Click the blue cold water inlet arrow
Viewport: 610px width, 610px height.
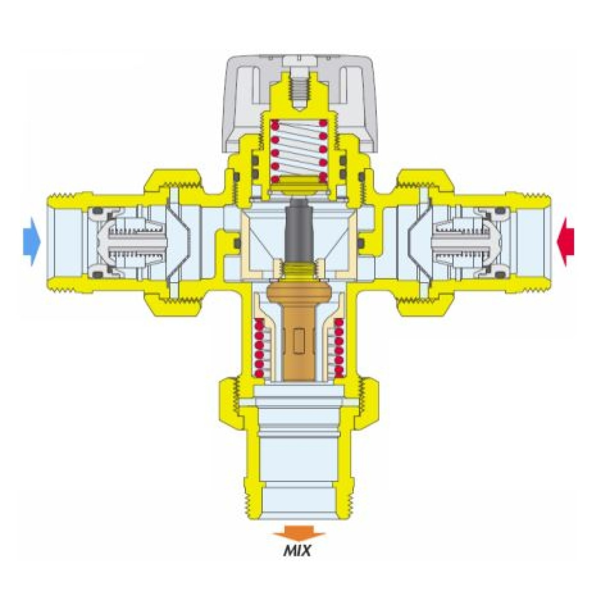(x=32, y=241)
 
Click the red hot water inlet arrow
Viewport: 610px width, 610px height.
(x=565, y=241)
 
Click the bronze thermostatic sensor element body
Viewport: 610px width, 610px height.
(x=298, y=331)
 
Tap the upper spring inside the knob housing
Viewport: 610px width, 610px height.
(x=298, y=150)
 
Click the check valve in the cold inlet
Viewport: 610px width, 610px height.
(x=127, y=241)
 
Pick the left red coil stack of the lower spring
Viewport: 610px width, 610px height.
(x=259, y=348)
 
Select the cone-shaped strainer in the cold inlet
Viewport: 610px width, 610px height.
(x=179, y=241)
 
